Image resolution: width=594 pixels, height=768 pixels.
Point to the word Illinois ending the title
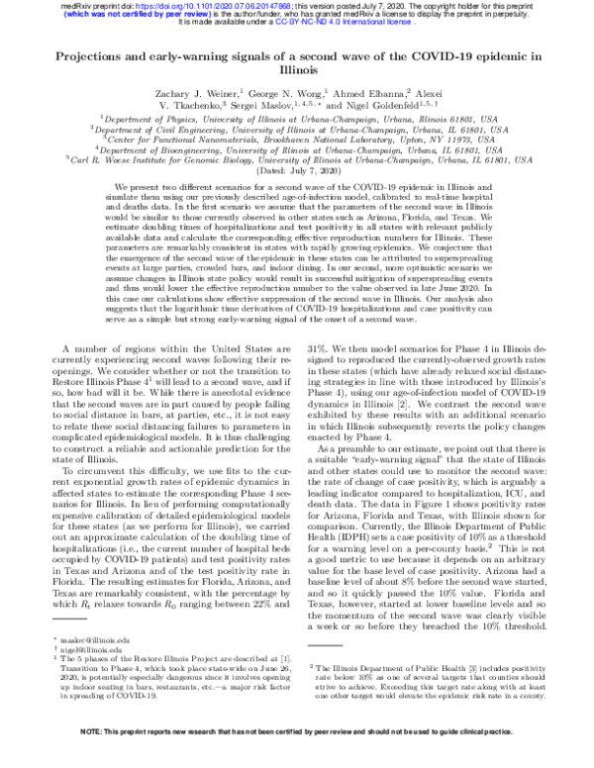pyautogui.click(x=296, y=71)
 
